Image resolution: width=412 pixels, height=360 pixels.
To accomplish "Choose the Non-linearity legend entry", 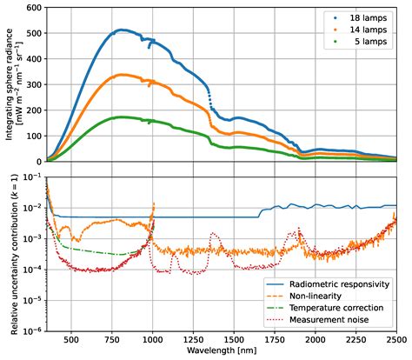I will pyautogui.click(x=326, y=297).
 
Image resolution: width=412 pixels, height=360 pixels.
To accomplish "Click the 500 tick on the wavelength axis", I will pyautogui.click(x=71, y=341).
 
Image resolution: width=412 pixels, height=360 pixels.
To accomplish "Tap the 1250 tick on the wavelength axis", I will pyautogui.click(x=193, y=341).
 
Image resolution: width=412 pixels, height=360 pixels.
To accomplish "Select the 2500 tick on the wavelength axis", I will pyautogui.click(x=396, y=341).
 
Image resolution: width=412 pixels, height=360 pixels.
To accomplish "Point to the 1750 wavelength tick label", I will pyautogui.click(x=275, y=341).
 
